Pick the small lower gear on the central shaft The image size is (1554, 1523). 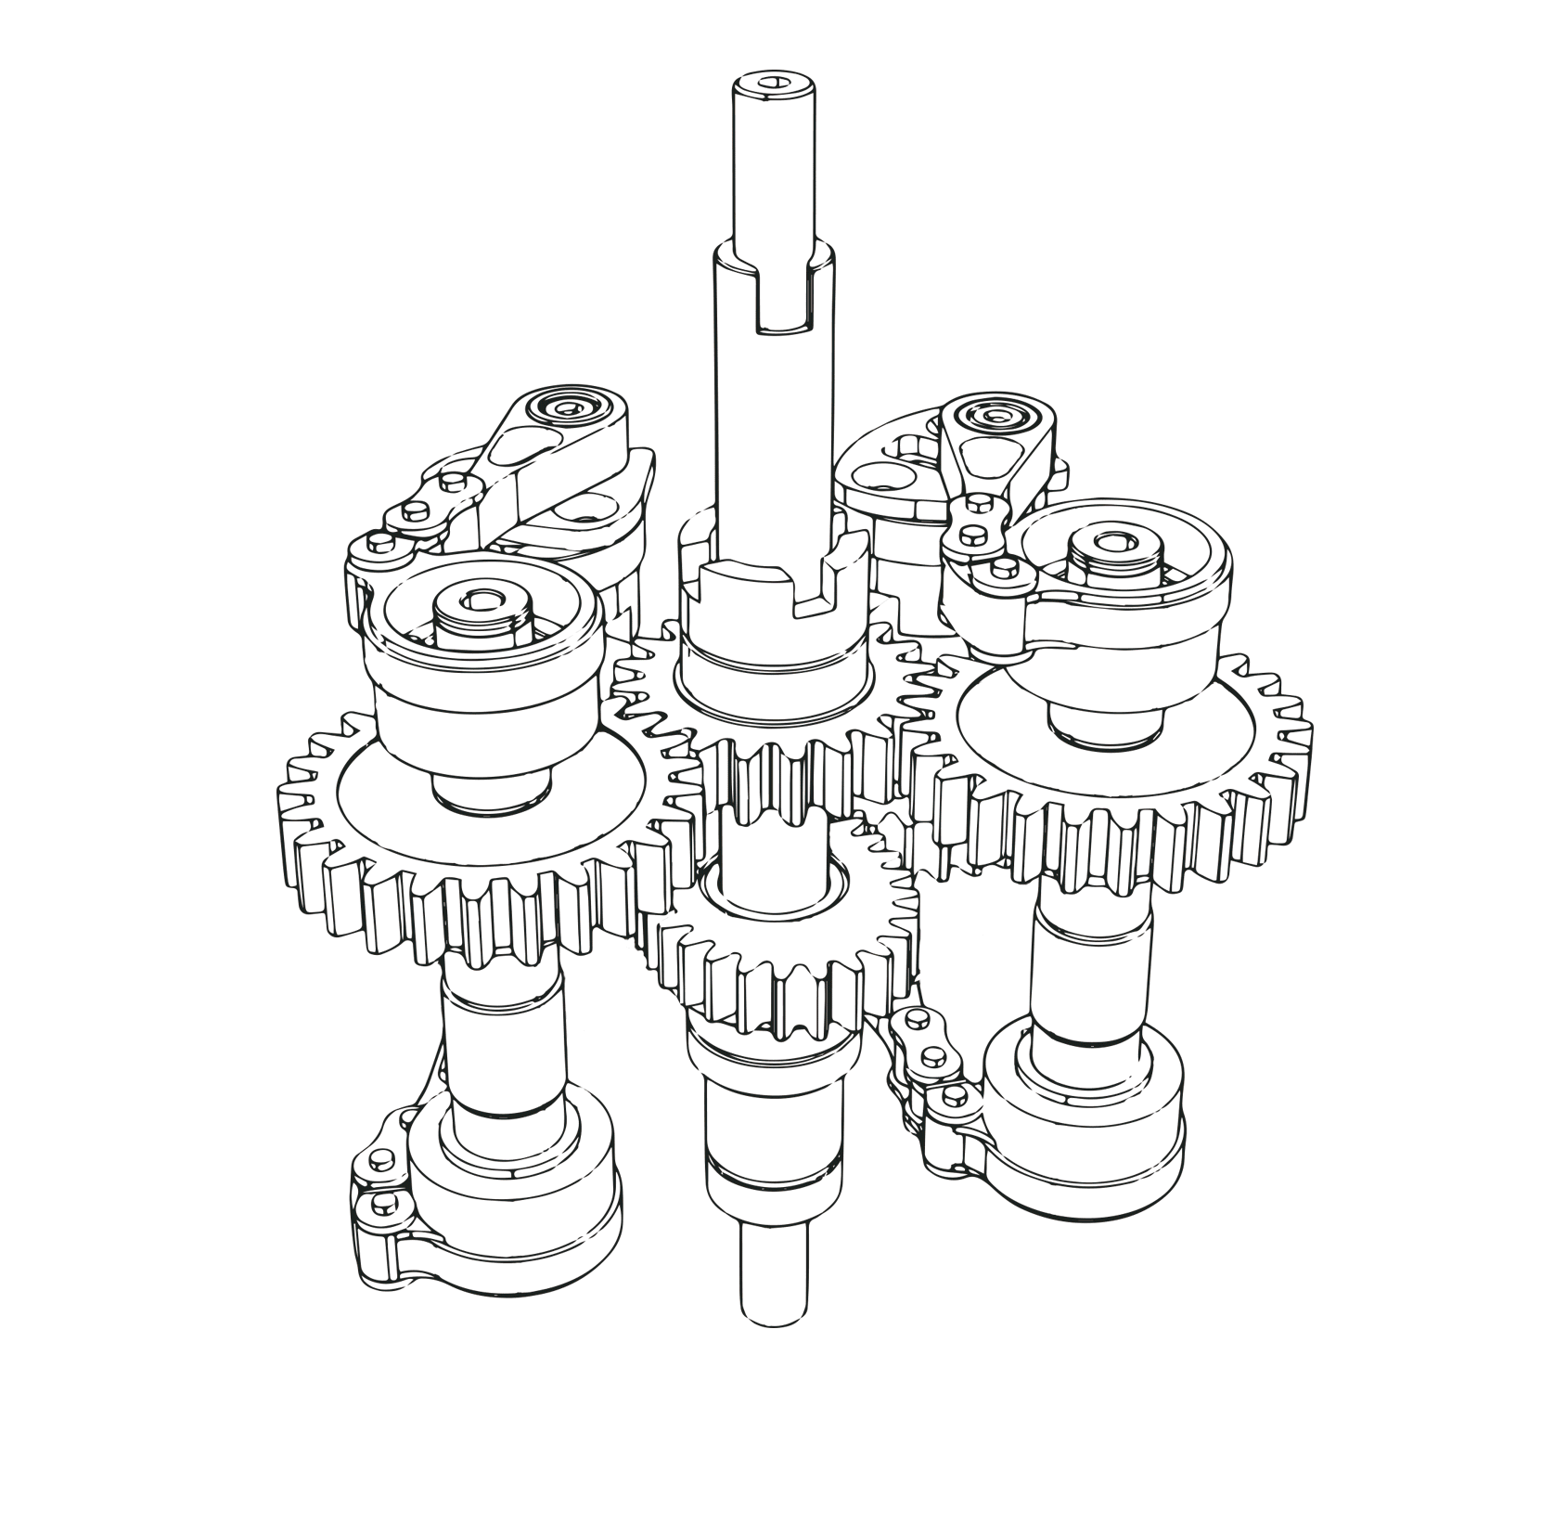tap(789, 965)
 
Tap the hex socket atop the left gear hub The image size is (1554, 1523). tap(480, 600)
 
